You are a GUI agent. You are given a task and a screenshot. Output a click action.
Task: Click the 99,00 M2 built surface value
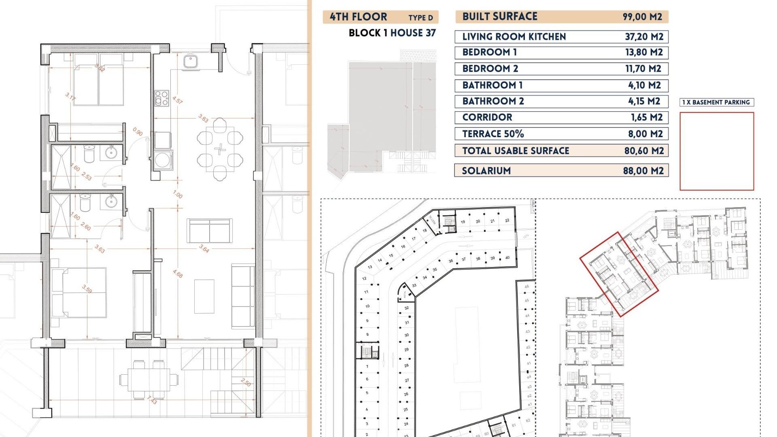[642, 17]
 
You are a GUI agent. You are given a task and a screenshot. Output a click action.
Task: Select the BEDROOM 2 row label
[490, 69]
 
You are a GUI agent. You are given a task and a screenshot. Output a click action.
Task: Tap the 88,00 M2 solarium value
[643, 171]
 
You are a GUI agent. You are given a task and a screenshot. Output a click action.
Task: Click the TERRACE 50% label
[493, 134]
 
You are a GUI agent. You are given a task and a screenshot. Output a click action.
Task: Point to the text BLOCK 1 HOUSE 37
[392, 33]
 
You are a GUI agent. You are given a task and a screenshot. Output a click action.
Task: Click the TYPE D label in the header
[420, 18]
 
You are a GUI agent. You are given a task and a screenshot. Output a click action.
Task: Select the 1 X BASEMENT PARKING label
[716, 102]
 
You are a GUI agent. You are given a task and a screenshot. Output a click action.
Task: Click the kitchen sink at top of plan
[190, 62]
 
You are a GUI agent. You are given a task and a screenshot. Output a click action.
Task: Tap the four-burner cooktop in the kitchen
[161, 98]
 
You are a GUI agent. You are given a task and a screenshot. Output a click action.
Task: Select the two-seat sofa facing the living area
[209, 231]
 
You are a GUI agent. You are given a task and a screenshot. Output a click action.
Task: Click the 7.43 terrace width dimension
[152, 400]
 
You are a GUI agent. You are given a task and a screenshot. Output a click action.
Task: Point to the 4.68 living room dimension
[178, 274]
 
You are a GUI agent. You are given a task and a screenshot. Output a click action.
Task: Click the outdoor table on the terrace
[149, 380]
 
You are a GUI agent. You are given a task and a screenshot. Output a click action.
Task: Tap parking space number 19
[463, 222]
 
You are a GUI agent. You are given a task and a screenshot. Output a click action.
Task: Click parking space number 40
[507, 258]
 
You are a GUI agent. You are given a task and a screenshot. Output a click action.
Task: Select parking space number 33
[414, 286]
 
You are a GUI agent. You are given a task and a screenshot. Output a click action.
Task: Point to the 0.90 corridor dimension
[138, 132]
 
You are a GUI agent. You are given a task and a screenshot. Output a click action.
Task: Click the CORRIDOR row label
[487, 117]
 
